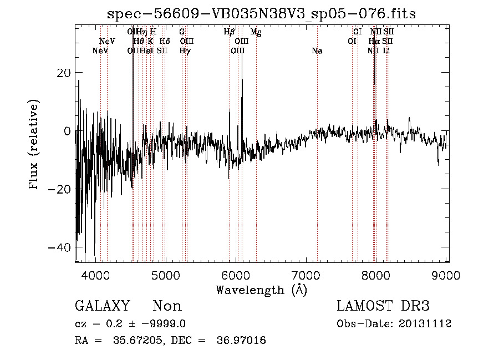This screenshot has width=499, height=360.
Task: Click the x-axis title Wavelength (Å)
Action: pos(261,289)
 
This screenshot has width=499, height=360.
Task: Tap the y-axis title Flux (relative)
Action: pos(34,145)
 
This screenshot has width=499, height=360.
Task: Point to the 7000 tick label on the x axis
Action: pos(306,275)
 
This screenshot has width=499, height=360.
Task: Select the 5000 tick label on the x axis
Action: pos(166,275)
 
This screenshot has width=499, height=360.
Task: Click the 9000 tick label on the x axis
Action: pos(446,275)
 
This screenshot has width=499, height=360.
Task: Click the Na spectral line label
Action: pos(317,51)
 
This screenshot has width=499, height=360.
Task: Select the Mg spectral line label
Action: pos(256,32)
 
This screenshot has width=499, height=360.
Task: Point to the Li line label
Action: pos(387,51)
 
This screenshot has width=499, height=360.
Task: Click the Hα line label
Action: pos(374,42)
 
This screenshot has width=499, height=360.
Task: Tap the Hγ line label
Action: pos(185,51)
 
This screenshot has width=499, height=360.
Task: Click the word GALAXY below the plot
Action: pos(102,306)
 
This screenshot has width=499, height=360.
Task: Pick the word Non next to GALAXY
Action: pos(167,306)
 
